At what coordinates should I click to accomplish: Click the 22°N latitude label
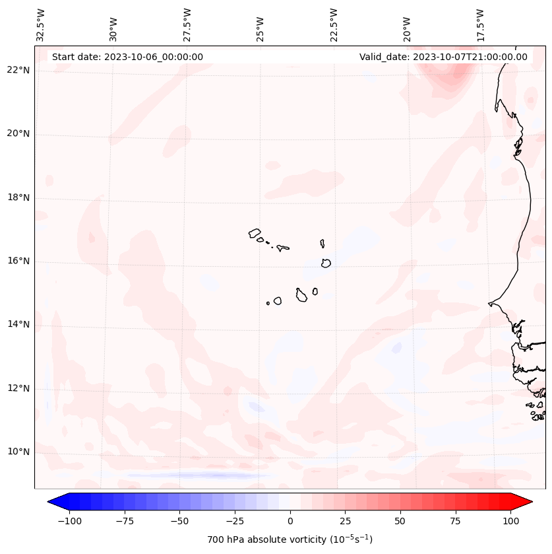point(18,71)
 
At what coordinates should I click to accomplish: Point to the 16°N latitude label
point(18,261)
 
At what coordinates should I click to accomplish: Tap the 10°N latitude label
point(18,452)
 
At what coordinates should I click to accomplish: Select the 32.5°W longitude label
point(41,24)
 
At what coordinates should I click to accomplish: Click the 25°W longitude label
point(261,24)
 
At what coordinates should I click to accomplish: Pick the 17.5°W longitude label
point(481,24)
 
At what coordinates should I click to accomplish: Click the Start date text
point(127,57)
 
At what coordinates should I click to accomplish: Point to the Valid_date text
point(443,57)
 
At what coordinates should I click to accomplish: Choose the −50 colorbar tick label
point(179,521)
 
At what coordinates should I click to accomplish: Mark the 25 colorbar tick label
point(345,521)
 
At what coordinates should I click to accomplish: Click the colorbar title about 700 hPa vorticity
point(290,540)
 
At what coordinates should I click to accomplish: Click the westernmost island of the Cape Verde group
point(255,233)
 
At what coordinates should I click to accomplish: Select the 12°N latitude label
point(18,388)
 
